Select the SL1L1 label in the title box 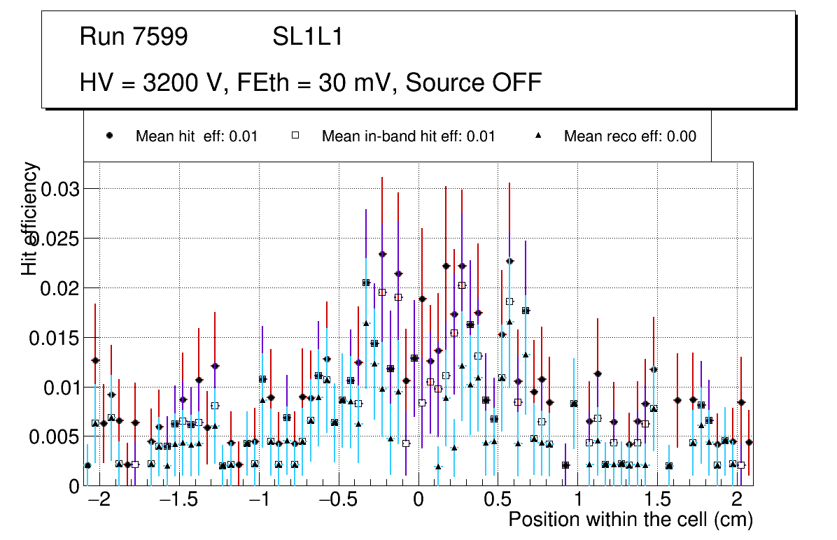(x=308, y=37)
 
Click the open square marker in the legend (x=295, y=136)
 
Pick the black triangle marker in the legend (x=538, y=136)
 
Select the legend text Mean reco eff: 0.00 (x=630, y=136)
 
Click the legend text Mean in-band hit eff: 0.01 (x=408, y=136)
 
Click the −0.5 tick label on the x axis (x=339, y=501)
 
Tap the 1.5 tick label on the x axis (x=657, y=501)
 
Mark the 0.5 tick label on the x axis (x=498, y=501)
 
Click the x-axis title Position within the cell (x=630, y=520)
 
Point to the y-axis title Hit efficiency (x=31, y=218)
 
